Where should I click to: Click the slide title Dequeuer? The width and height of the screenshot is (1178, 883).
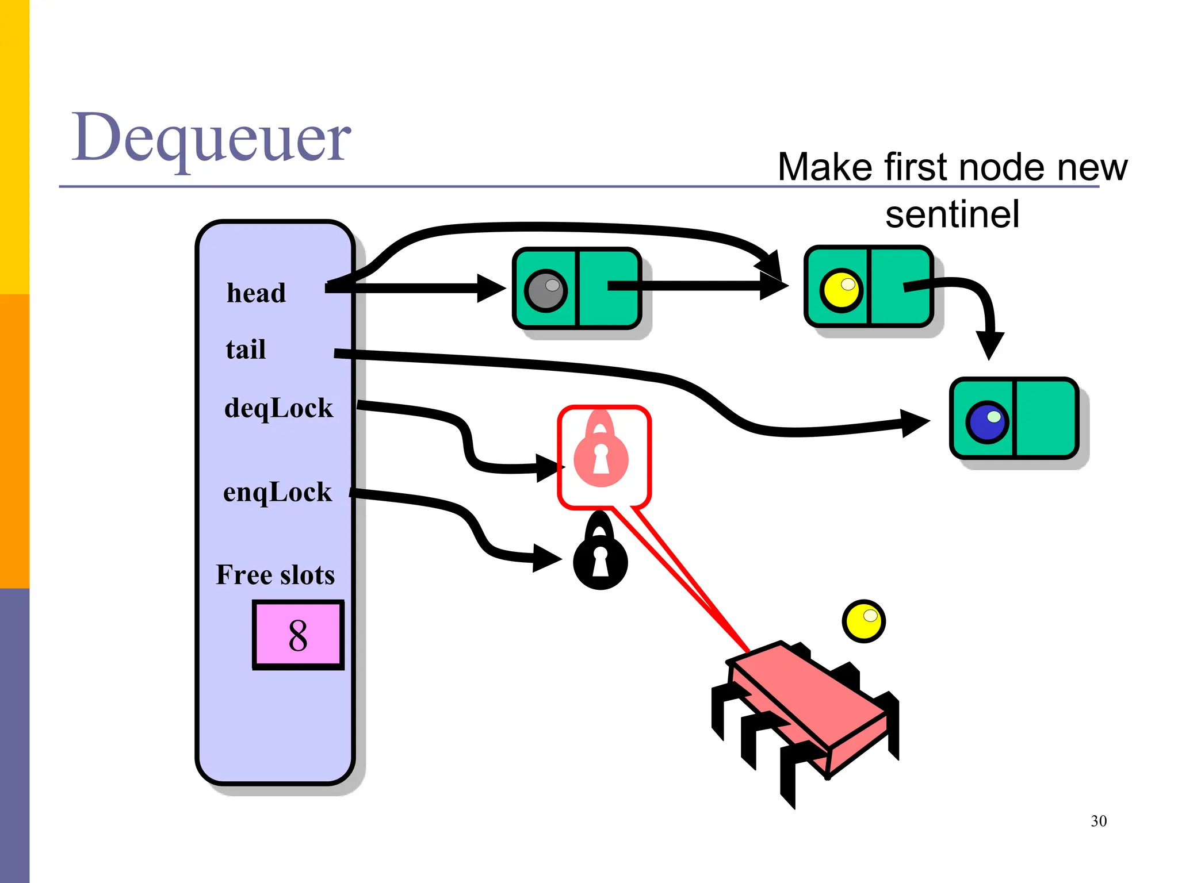[211, 138]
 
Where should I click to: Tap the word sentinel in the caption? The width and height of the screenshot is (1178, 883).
[952, 214]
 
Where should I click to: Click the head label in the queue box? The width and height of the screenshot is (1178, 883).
[256, 293]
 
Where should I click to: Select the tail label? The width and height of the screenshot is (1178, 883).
[246, 350]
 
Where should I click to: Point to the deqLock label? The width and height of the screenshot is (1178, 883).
[278, 408]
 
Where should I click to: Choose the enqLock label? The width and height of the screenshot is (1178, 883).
[277, 492]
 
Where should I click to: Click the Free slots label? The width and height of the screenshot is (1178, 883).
[275, 575]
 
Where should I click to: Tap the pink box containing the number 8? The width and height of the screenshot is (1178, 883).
[298, 635]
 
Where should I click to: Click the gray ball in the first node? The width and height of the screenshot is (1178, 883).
[545, 291]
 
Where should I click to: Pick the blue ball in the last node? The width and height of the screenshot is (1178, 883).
[987, 421]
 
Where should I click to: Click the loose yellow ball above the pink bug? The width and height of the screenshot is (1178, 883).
[863, 621]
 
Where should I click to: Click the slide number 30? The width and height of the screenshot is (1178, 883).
[1098, 821]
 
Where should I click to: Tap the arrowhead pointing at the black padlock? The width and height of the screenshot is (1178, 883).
[546, 558]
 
